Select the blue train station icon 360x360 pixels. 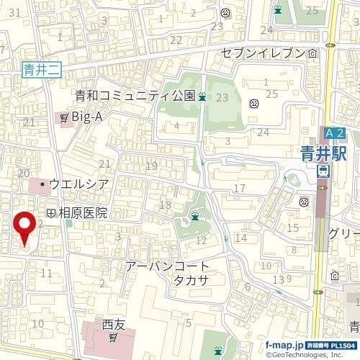click(x=323, y=171)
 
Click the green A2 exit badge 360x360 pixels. click(x=334, y=134)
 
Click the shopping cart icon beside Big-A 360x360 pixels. click(x=65, y=116)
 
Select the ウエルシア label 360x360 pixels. click(x=79, y=184)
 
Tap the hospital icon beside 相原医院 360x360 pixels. click(x=50, y=213)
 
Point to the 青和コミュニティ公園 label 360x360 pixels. click(x=135, y=96)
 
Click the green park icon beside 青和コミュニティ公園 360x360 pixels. click(x=203, y=96)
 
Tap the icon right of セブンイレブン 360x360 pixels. click(x=312, y=53)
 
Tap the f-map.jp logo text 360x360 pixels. click(x=285, y=345)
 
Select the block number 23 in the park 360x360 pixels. click(x=222, y=97)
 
